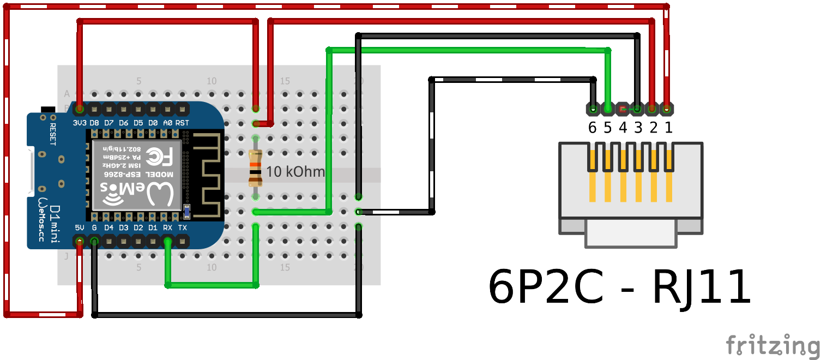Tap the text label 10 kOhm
[x=295, y=172]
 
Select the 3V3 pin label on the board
[x=80, y=123]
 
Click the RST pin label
[x=183, y=123]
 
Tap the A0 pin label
[x=168, y=123]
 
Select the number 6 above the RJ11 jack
[x=593, y=128]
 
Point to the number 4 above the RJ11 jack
[x=623, y=128]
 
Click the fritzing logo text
[x=772, y=345]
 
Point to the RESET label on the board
[x=53, y=134]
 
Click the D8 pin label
[x=94, y=123]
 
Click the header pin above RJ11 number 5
[x=607, y=109]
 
